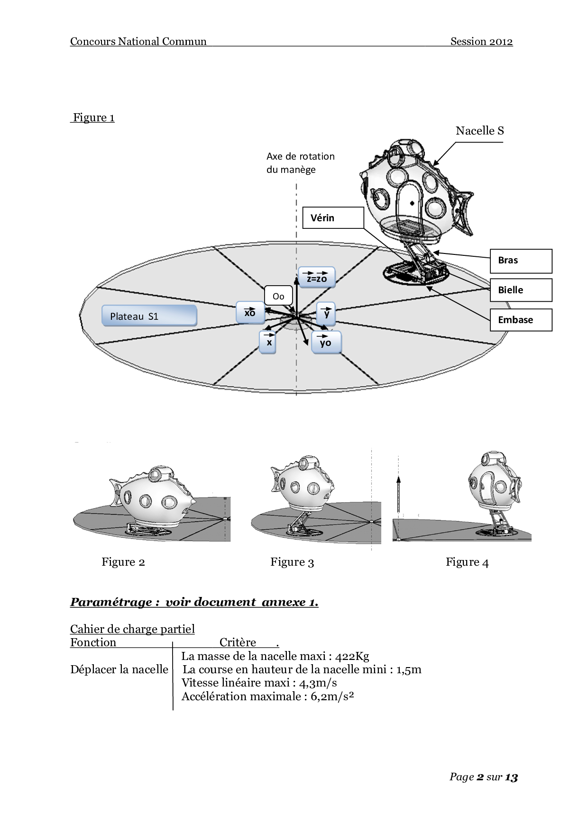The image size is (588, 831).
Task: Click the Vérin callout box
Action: [333, 218]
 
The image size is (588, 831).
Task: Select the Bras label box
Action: [521, 261]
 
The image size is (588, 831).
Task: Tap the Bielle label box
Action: [521, 290]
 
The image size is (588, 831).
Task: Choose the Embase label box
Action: [521, 320]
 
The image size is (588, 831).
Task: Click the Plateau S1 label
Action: [149, 316]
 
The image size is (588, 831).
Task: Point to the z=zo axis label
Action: [317, 278]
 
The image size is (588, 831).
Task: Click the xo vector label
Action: [250, 313]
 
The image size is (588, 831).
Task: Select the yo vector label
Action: [326, 342]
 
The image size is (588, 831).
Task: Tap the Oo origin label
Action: [278, 297]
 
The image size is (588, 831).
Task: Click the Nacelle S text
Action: [479, 131]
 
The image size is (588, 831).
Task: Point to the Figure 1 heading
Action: [93, 117]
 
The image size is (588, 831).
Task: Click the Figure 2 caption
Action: [123, 562]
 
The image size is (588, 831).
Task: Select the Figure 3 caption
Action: [292, 562]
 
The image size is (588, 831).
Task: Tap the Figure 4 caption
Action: [467, 562]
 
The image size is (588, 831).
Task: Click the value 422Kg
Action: [352, 656]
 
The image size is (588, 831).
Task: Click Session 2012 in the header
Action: [481, 42]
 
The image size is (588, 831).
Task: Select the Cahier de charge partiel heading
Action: [132, 629]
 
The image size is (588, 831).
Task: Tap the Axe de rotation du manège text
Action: [300, 163]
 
